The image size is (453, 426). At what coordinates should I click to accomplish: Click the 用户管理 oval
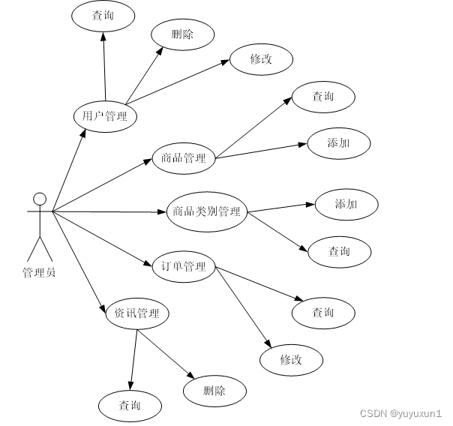pyautogui.click(x=105, y=116)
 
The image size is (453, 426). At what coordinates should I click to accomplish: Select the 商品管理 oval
pyautogui.click(x=184, y=157)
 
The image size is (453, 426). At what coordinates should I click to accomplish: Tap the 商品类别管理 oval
pyautogui.click(x=206, y=211)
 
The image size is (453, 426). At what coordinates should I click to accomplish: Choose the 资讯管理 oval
pyautogui.click(x=136, y=313)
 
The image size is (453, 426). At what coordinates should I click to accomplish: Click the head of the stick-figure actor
pyautogui.click(x=39, y=199)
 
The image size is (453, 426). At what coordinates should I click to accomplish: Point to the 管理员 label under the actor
pyautogui.click(x=39, y=272)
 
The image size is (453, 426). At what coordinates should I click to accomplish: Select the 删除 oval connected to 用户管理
pyautogui.click(x=182, y=34)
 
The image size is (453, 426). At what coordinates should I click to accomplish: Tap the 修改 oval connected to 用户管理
pyautogui.click(x=260, y=60)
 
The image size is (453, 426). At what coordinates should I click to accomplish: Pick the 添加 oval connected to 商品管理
pyautogui.click(x=338, y=143)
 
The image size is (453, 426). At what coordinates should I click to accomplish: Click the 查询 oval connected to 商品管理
pyautogui.click(x=322, y=97)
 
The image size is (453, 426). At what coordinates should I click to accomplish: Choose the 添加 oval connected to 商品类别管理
pyautogui.click(x=346, y=204)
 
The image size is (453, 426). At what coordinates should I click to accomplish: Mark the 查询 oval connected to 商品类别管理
pyautogui.click(x=339, y=251)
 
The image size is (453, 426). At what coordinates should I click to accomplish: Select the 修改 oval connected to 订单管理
pyautogui.click(x=292, y=359)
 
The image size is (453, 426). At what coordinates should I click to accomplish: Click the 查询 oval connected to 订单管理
pyautogui.click(x=322, y=312)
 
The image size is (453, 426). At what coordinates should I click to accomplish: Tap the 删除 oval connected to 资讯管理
pyautogui.click(x=214, y=390)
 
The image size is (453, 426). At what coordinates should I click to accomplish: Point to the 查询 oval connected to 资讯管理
pyautogui.click(x=130, y=406)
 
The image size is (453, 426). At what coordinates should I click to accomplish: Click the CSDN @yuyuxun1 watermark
pyautogui.click(x=400, y=413)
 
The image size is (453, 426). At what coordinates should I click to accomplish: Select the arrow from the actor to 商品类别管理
pyautogui.click(x=109, y=212)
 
